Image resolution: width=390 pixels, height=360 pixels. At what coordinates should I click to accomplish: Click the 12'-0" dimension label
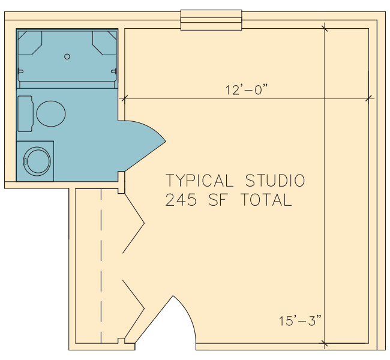click(247, 90)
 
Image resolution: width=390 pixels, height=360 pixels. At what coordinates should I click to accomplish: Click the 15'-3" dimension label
click(300, 320)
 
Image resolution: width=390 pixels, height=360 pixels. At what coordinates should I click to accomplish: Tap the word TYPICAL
click(199, 181)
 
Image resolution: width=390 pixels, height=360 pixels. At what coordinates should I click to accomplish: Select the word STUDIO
click(275, 181)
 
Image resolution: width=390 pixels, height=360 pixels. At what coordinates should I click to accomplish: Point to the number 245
click(181, 200)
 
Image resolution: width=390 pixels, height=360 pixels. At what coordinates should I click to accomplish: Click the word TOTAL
click(266, 200)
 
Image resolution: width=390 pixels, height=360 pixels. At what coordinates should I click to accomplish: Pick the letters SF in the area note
click(218, 200)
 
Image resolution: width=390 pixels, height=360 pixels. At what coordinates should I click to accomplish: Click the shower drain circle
click(67, 56)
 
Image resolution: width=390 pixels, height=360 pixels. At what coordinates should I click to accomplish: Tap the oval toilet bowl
click(51, 113)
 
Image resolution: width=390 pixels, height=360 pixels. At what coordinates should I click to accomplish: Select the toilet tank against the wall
click(25, 113)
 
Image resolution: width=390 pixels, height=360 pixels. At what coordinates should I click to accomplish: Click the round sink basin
click(37, 161)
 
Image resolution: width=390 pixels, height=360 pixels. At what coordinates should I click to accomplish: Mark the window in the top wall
click(211, 20)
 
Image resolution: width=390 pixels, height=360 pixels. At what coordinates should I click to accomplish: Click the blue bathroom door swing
click(142, 146)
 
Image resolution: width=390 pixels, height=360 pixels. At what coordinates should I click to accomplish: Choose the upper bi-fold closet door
click(134, 223)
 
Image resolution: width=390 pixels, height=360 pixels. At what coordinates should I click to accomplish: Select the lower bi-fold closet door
click(134, 309)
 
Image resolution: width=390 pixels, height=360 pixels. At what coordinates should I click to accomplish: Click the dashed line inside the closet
click(101, 266)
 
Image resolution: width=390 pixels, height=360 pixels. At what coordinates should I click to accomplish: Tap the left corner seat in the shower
click(29, 43)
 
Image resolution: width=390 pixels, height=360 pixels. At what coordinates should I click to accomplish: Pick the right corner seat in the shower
click(104, 43)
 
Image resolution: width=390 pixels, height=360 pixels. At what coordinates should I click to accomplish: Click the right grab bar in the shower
click(114, 71)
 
